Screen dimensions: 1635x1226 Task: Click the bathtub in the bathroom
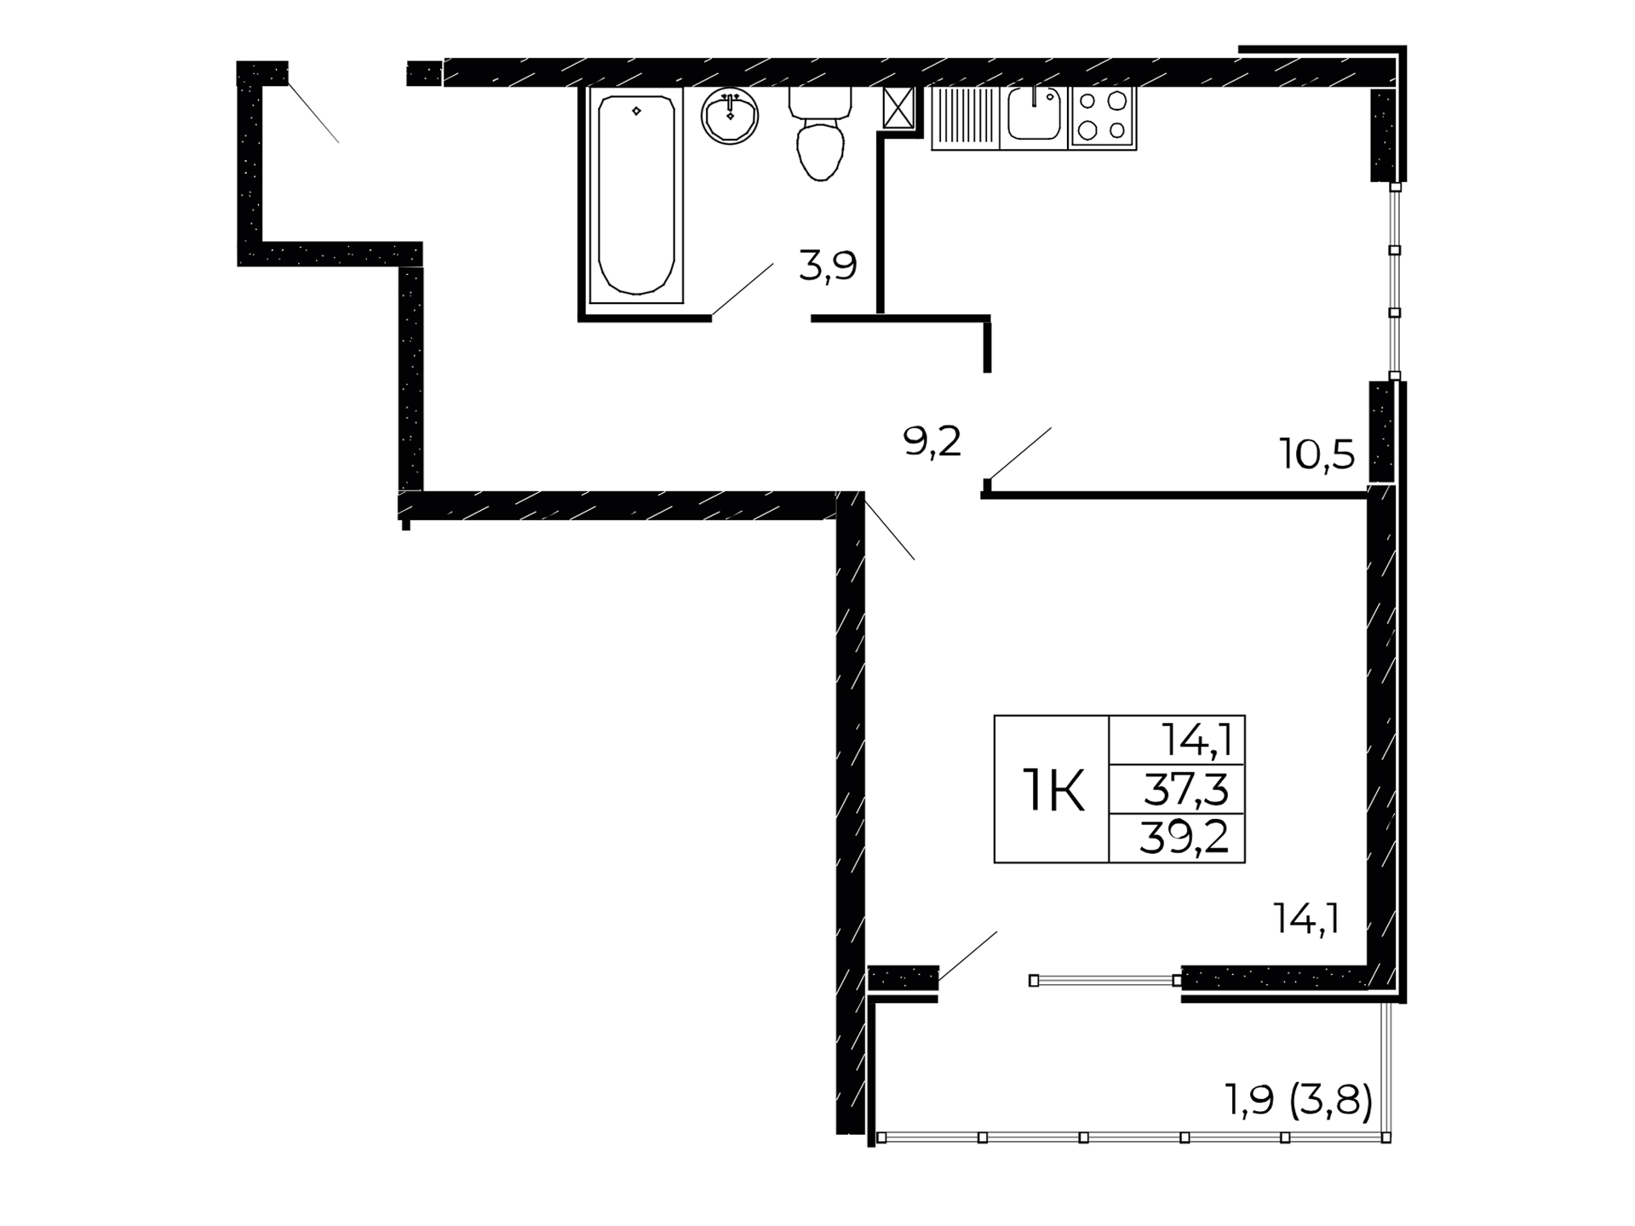point(636,195)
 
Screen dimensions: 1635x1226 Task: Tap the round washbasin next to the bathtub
point(730,116)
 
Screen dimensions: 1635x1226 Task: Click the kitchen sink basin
point(1034,113)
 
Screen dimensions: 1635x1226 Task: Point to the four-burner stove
point(1102,117)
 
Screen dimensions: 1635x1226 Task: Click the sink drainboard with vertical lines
point(966,118)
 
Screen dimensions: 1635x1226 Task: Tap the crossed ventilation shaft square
point(898,107)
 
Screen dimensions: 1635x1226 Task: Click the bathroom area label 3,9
point(828,266)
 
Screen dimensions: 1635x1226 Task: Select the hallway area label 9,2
point(932,442)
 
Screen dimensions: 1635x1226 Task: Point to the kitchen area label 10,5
point(1317,455)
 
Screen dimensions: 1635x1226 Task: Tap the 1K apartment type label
point(1053,790)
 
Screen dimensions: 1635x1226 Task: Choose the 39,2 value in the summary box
point(1184,839)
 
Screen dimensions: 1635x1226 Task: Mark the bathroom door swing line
point(743,289)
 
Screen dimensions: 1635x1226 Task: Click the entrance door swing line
point(313,112)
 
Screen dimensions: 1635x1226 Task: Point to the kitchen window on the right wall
point(1395,282)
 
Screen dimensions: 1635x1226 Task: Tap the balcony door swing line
point(967,957)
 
